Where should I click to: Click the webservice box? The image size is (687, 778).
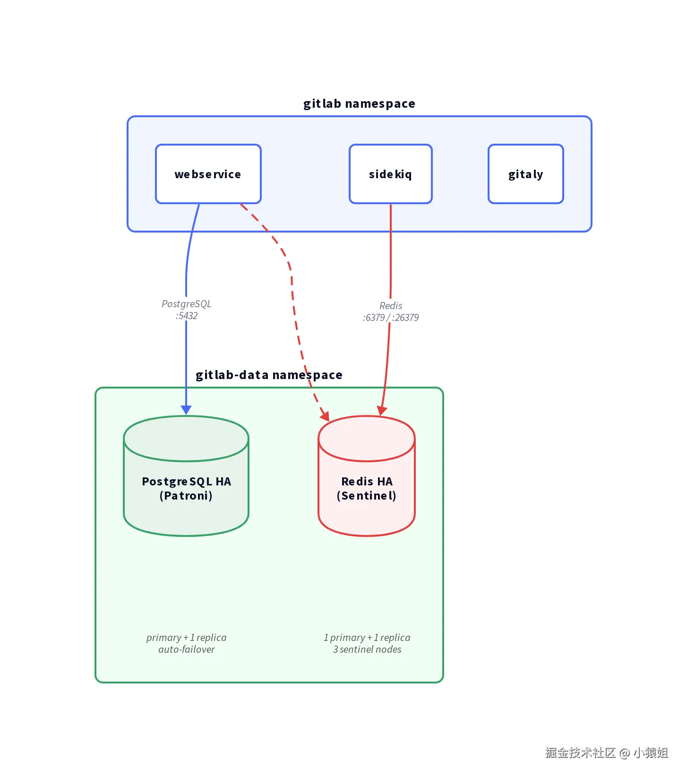tap(208, 174)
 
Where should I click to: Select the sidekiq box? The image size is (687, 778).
tap(391, 174)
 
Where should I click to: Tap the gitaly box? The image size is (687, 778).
tap(526, 174)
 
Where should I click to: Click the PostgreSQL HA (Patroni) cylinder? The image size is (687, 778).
tap(186, 476)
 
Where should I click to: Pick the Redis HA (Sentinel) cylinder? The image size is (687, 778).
tap(367, 476)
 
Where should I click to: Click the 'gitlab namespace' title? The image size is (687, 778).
tap(359, 104)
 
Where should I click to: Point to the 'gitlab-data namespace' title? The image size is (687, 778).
tap(269, 375)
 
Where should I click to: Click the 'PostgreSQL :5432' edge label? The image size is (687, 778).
tap(187, 310)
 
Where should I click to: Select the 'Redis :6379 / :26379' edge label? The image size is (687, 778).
tap(391, 311)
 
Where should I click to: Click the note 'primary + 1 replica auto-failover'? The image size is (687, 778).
tap(187, 643)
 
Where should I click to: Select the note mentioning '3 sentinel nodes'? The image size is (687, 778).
tap(367, 643)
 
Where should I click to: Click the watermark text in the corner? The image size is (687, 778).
tap(607, 753)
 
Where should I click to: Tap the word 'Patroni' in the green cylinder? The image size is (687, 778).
tap(186, 496)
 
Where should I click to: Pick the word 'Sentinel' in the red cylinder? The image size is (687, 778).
tap(367, 496)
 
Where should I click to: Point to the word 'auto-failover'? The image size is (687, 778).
tap(187, 649)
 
